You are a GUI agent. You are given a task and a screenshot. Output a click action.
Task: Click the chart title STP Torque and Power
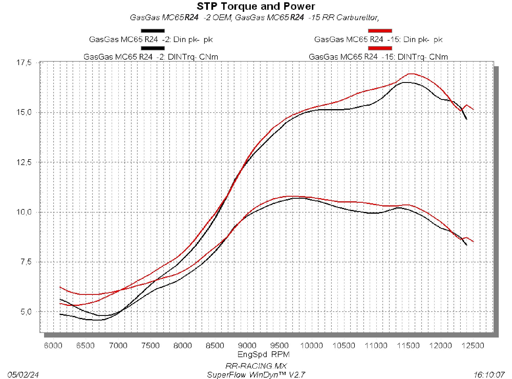point(256,6)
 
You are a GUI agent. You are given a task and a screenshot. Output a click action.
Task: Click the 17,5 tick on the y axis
point(24,62)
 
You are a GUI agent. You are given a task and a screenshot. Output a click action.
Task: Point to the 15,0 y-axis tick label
point(24,112)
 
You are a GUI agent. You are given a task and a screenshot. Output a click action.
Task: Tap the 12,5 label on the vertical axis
point(24,162)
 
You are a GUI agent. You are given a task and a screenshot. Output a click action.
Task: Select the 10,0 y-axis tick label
point(24,212)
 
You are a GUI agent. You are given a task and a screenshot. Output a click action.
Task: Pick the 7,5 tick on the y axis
point(25,262)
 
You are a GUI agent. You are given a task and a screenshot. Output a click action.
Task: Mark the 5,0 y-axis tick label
point(25,312)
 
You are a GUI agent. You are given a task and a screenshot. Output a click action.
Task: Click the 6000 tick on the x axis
point(53,346)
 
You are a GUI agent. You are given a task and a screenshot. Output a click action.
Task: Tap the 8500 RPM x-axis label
point(215,346)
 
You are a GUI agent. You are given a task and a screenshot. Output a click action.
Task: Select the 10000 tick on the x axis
point(311,346)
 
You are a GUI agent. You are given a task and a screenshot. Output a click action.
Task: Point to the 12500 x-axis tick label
point(473,346)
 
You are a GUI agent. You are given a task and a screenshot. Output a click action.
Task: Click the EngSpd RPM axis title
point(263,354)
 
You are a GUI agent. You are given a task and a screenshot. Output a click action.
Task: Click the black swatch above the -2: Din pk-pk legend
point(153,31)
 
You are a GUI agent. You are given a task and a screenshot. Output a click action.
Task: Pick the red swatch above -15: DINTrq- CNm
point(380,48)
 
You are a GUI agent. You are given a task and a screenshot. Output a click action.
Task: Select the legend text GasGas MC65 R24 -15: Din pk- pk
point(378,39)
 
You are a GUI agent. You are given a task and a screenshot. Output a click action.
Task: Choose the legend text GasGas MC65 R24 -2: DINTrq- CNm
point(151,57)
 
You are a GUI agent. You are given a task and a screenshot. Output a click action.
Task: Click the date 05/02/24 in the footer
point(23,375)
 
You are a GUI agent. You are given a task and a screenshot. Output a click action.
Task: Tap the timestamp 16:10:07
point(489,375)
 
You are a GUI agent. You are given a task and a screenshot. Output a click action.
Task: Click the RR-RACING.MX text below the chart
point(256,366)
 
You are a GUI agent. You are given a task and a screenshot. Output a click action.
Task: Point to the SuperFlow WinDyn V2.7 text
point(256,375)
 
